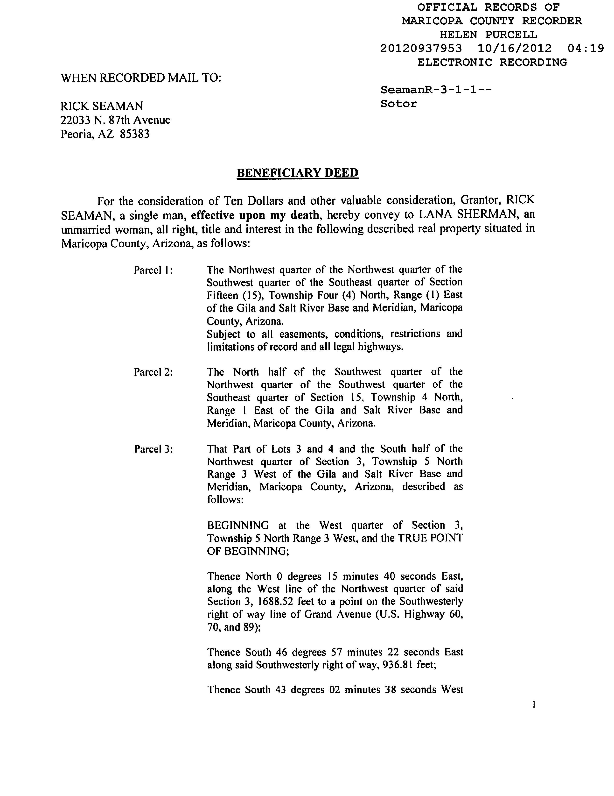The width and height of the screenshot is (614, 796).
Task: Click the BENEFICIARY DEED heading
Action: pos(298,172)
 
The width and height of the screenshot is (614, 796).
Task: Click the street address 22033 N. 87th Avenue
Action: pos(115,120)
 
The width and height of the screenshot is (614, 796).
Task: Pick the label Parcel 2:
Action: pos(153,372)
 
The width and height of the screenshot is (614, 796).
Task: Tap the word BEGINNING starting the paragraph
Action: pos(238,525)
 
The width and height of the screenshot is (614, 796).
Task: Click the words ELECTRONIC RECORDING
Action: pos(492,62)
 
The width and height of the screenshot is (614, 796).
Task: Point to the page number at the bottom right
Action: pos(534,705)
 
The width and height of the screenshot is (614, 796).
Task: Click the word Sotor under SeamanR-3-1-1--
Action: pos(398,104)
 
